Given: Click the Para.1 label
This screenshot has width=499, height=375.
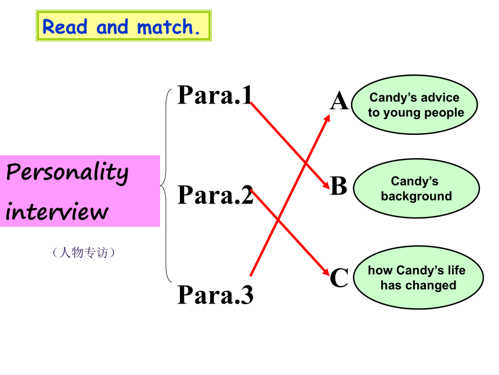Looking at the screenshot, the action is [x=215, y=95].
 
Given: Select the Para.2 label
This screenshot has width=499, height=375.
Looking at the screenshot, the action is [x=215, y=195].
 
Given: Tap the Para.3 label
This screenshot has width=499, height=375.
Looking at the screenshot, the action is [x=215, y=294].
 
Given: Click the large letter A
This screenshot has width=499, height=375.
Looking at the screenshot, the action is [x=339, y=101].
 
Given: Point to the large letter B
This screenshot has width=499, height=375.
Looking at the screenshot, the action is [x=339, y=185].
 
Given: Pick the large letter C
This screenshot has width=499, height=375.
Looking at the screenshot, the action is [x=339, y=277].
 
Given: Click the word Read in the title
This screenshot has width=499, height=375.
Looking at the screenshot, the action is [x=64, y=27].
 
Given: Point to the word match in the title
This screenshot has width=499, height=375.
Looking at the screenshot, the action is [x=165, y=27].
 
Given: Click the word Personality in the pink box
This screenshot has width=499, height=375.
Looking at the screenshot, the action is [x=67, y=173].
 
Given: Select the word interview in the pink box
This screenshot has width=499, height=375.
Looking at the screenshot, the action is [x=57, y=210].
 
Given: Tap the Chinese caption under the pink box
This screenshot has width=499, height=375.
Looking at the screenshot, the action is [x=84, y=252].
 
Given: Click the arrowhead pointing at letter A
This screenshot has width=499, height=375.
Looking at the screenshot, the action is [x=327, y=119].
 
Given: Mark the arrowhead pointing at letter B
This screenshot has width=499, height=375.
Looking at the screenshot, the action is [x=326, y=185].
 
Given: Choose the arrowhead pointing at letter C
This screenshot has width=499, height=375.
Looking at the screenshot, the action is [x=326, y=272].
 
